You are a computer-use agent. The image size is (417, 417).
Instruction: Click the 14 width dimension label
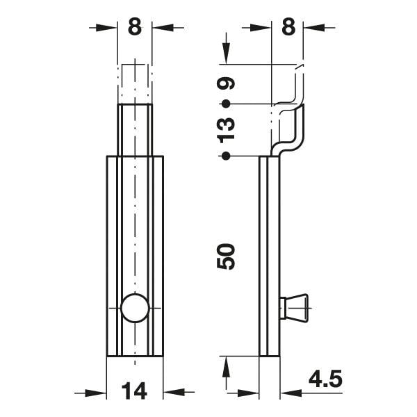[134, 391]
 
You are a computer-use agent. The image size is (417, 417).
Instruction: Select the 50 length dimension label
[226, 256]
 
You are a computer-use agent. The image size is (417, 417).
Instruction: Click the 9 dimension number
[226, 83]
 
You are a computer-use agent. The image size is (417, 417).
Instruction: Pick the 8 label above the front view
[135, 26]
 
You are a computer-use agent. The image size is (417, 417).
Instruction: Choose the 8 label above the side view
[288, 26]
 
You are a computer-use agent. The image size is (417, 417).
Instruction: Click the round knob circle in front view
[135, 308]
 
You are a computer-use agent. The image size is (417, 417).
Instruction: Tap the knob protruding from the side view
[294, 308]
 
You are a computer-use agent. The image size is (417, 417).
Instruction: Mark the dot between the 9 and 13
[226, 104]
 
